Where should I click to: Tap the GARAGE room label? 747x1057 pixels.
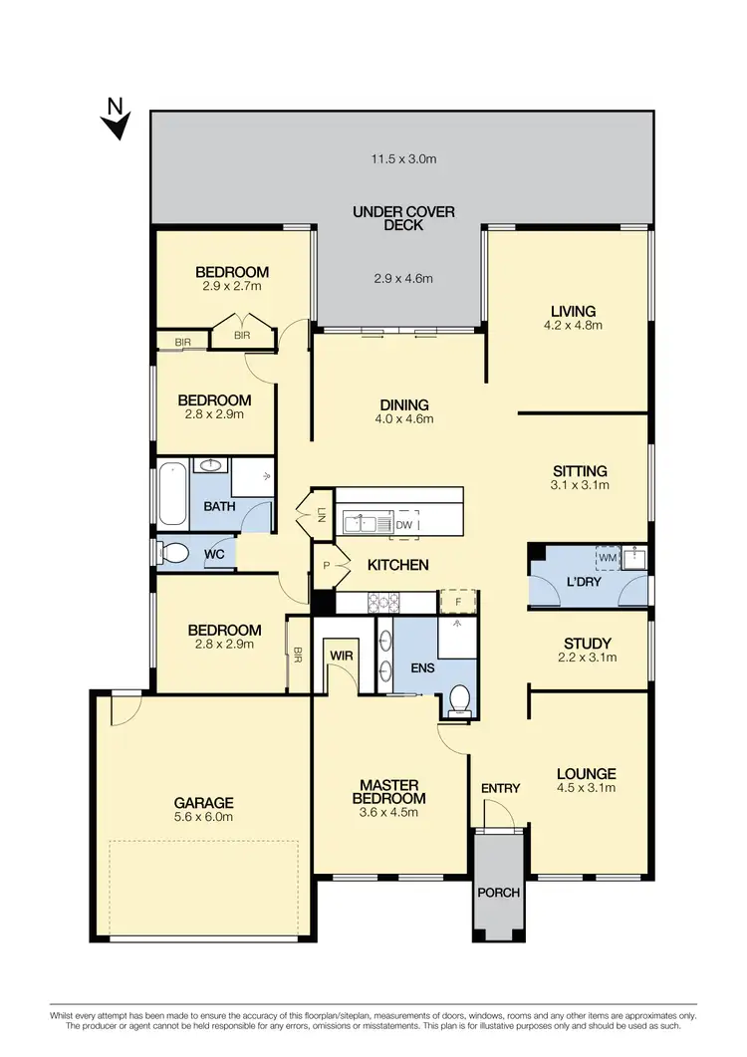pyautogui.click(x=204, y=802)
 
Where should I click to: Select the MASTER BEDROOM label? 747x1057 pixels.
pyautogui.click(x=391, y=791)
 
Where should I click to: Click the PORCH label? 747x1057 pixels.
pyautogui.click(x=498, y=892)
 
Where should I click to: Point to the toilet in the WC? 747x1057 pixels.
pyautogui.click(x=175, y=552)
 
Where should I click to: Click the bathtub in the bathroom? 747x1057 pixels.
pyautogui.click(x=169, y=494)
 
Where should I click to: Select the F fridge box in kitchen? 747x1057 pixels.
pyautogui.click(x=459, y=601)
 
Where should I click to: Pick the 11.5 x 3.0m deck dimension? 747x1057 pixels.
pyautogui.click(x=403, y=158)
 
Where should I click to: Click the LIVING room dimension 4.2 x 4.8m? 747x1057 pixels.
pyautogui.click(x=570, y=325)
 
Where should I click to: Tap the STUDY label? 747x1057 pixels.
pyautogui.click(x=587, y=643)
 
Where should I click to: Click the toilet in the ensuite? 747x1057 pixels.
pyautogui.click(x=460, y=700)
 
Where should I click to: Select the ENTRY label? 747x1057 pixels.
pyautogui.click(x=500, y=788)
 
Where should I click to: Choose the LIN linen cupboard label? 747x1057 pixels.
pyautogui.click(x=321, y=514)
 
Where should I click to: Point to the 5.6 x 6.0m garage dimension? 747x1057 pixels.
pyautogui.click(x=204, y=818)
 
